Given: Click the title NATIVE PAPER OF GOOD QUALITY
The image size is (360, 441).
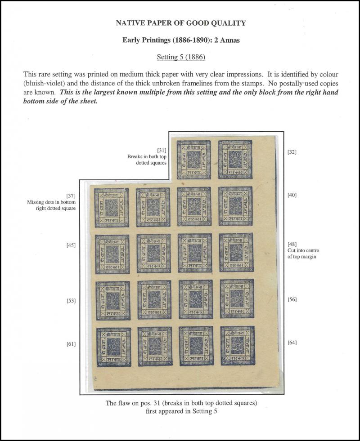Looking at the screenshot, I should [x=180, y=22].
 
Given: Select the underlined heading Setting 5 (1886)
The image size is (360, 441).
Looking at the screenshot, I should [x=180, y=57].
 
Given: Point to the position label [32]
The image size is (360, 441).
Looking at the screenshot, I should [x=292, y=152].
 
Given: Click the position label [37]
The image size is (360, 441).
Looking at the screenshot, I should [x=71, y=196].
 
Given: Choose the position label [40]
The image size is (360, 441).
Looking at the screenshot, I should [x=292, y=195].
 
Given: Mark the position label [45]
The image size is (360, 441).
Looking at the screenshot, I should [x=71, y=245].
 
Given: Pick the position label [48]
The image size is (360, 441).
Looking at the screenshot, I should [x=292, y=244].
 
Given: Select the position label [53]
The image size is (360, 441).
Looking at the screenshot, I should [x=71, y=300].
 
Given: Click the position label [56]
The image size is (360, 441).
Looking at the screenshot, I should [x=292, y=299].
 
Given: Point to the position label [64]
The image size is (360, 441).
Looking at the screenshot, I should [x=292, y=343].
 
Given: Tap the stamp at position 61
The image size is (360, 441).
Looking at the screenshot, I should [x=112, y=346].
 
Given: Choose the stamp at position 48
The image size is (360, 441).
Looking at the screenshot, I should [x=236, y=252].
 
